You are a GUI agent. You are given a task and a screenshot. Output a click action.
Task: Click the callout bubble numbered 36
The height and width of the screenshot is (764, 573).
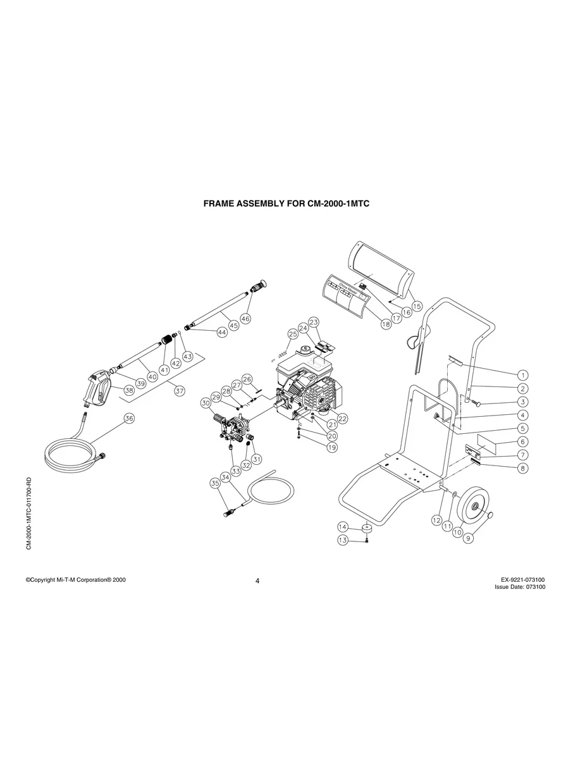[129, 418]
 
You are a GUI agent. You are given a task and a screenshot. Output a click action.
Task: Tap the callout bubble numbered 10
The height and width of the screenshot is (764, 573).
[457, 533]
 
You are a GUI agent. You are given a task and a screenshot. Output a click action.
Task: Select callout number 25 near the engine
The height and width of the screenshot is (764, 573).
[293, 334]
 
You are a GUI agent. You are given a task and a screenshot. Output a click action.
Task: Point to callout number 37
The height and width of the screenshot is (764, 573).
[180, 391]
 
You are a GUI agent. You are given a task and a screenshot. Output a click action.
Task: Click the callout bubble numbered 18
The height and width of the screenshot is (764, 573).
[385, 323]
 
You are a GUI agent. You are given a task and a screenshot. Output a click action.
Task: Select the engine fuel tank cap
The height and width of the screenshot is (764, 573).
[305, 348]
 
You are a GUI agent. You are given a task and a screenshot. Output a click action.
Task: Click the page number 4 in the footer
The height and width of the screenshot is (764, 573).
[257, 581]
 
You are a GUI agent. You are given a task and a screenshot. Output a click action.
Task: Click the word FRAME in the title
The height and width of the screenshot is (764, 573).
[220, 204]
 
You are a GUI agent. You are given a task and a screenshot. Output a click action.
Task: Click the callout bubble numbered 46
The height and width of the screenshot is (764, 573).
[245, 319]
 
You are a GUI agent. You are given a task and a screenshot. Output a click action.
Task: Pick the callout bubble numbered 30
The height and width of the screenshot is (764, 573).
[206, 403]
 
